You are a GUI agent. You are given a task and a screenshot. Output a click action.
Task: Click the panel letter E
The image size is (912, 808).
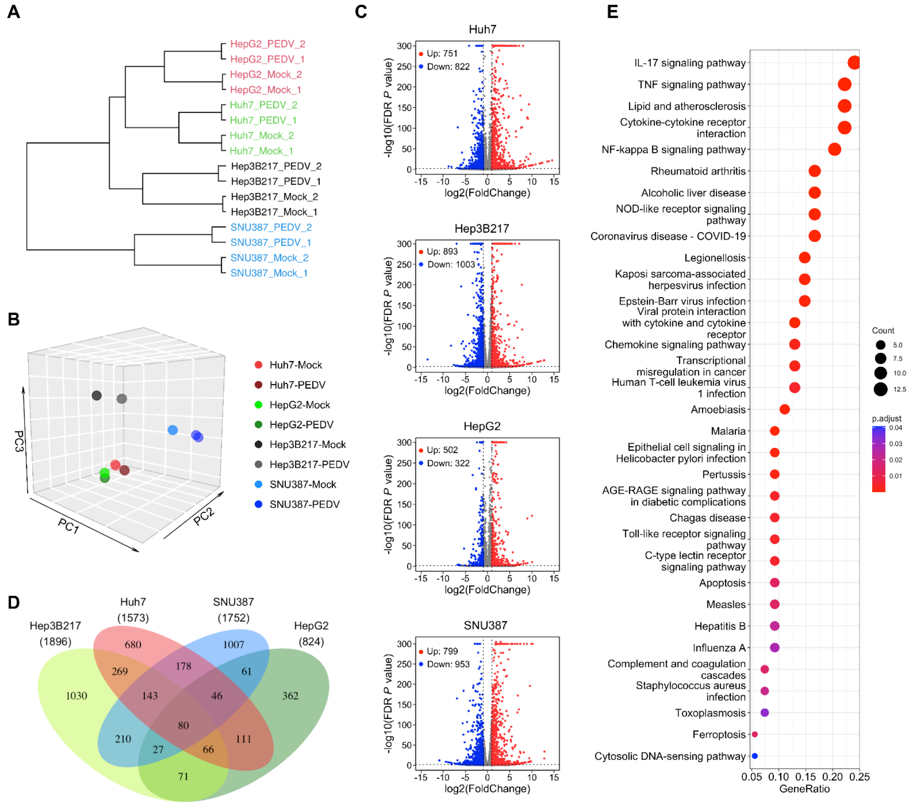[613, 12]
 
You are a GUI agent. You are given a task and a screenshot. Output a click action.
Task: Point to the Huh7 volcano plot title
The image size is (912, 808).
[482, 30]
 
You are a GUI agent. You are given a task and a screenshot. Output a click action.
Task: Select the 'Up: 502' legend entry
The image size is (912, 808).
[442, 450]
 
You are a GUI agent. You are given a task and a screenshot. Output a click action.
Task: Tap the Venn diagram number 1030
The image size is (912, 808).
[76, 695]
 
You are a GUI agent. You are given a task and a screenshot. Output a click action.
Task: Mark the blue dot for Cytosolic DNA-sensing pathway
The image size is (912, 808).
[754, 756]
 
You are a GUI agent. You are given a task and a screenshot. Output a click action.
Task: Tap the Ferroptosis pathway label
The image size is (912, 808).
[719, 734]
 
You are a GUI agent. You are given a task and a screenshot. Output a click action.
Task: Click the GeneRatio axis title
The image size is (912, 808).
[804, 789]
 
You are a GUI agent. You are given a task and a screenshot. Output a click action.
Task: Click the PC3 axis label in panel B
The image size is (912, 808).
[19, 441]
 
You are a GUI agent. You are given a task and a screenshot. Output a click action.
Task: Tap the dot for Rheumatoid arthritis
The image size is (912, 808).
[814, 171]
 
